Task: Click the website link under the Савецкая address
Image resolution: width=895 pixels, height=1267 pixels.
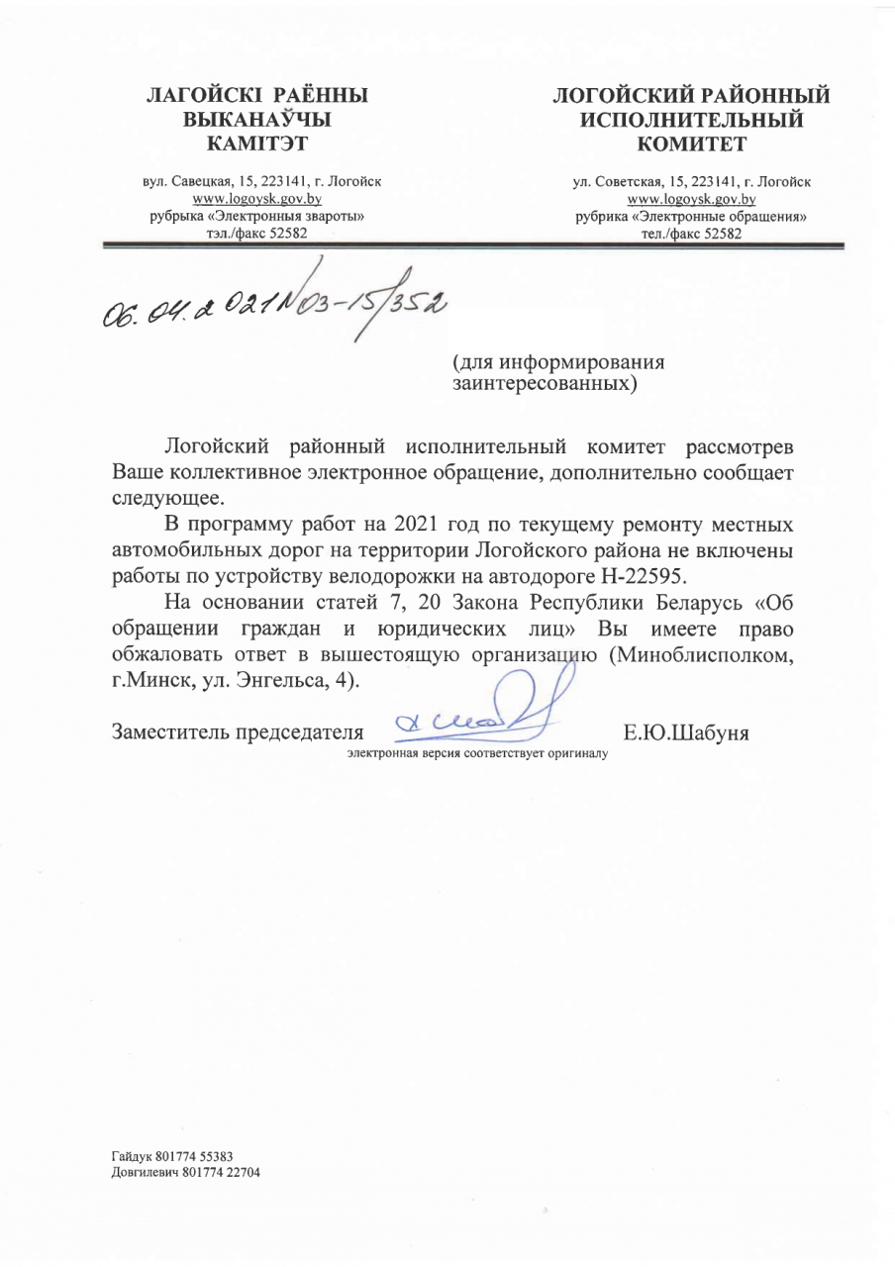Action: click(x=256, y=198)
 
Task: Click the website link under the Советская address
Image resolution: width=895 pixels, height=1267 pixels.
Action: click(x=691, y=198)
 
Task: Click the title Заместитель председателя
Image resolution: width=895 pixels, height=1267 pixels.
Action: click(x=237, y=732)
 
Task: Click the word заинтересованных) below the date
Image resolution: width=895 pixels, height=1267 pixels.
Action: click(x=544, y=382)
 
